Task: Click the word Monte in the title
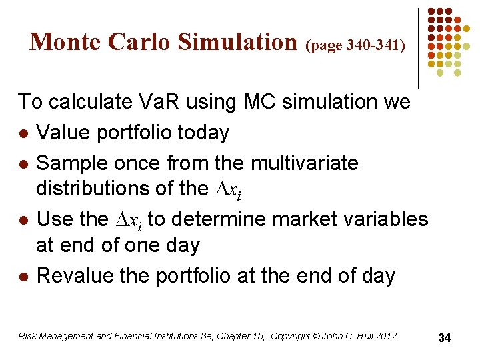(65, 42)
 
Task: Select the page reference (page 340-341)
(355, 45)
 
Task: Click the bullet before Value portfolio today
(23, 133)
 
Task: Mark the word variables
(390, 219)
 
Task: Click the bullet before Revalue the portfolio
(23, 276)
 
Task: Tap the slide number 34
(445, 338)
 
